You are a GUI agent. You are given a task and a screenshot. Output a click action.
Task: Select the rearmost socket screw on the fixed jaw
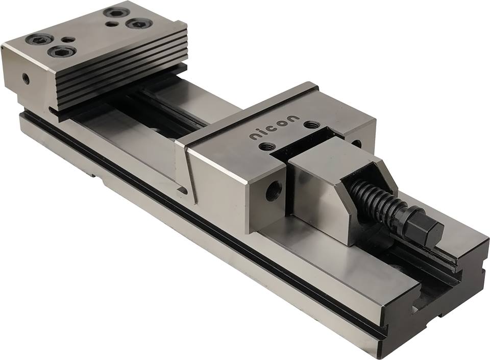[115, 12]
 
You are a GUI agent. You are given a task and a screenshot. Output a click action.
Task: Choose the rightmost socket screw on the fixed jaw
[137, 23]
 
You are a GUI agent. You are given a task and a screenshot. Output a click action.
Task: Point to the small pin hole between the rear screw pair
[110, 23]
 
